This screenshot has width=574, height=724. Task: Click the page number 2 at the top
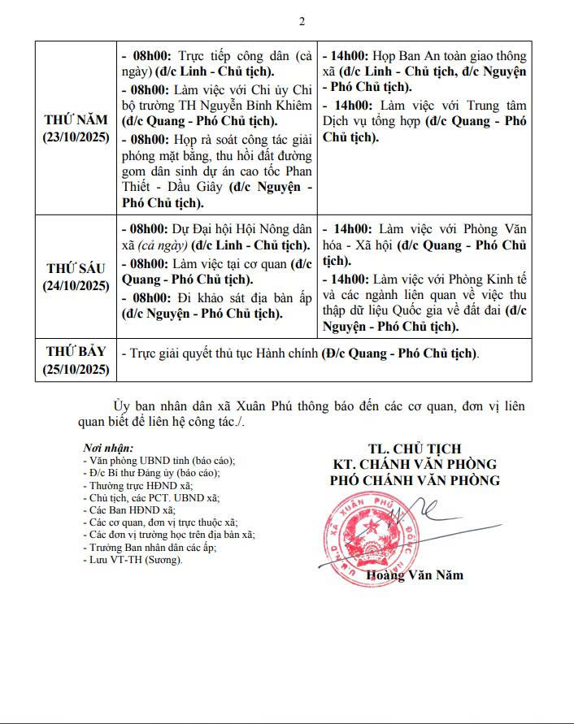[x=302, y=21]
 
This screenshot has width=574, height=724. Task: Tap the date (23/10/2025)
[x=76, y=137]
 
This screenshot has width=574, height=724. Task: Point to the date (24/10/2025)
[x=76, y=285]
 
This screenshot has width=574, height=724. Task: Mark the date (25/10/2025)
[x=76, y=368]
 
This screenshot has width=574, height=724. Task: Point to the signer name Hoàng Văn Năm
[x=415, y=575]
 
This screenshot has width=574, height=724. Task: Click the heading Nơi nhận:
[x=109, y=448]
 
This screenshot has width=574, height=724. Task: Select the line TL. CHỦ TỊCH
[x=415, y=449]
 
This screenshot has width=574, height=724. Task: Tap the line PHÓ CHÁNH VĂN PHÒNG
[x=415, y=480]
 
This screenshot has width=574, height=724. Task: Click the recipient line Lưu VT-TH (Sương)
[x=133, y=560]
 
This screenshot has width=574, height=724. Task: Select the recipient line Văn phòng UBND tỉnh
[x=146, y=460]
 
